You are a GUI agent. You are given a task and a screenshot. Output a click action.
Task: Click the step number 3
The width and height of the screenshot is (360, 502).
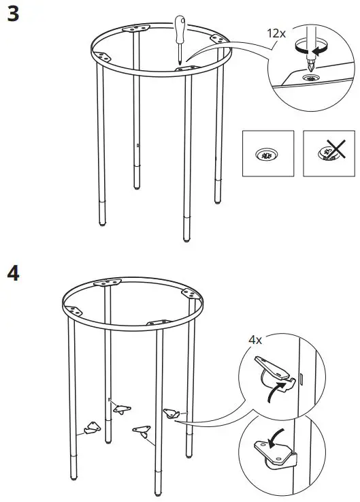point(12,14)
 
